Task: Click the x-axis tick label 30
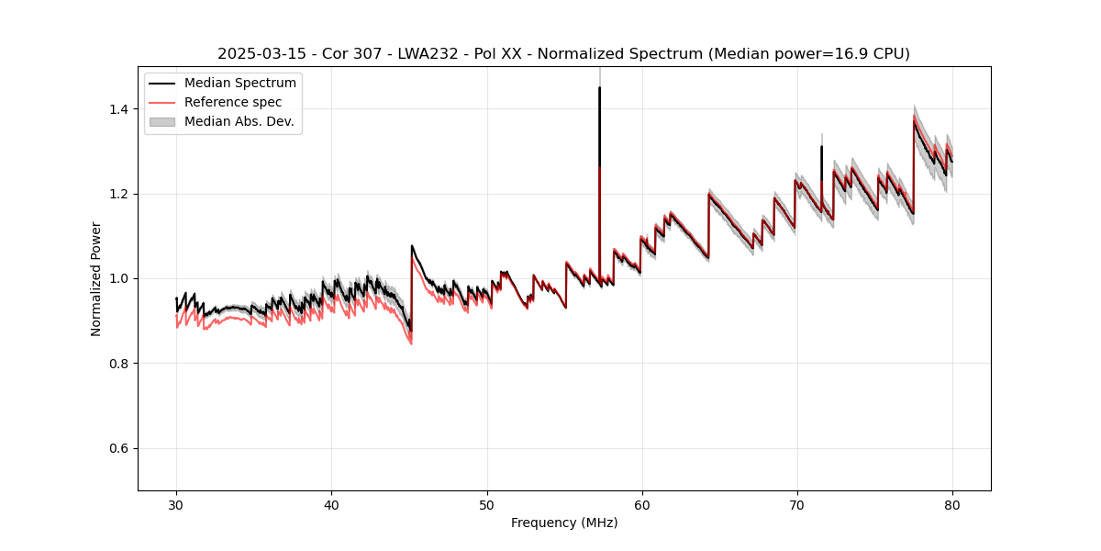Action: tap(177, 505)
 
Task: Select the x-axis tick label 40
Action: tap(332, 505)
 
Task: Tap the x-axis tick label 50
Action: tap(487, 505)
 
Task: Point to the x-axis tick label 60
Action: tap(642, 505)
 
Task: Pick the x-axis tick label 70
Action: tap(797, 505)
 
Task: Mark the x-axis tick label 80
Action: tap(952, 505)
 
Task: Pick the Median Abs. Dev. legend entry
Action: tap(239, 121)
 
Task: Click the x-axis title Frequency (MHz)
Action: tap(564, 523)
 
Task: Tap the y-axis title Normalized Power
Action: tap(96, 278)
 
